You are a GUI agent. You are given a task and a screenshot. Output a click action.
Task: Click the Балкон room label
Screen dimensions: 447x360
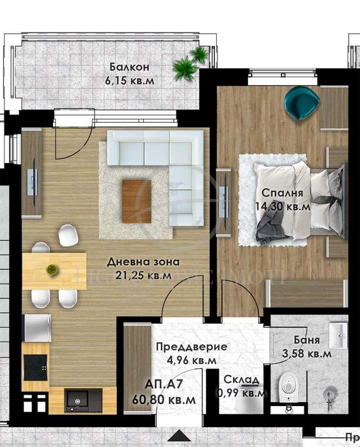(129, 67)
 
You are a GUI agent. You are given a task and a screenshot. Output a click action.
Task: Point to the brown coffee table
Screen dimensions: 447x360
(136, 201)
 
